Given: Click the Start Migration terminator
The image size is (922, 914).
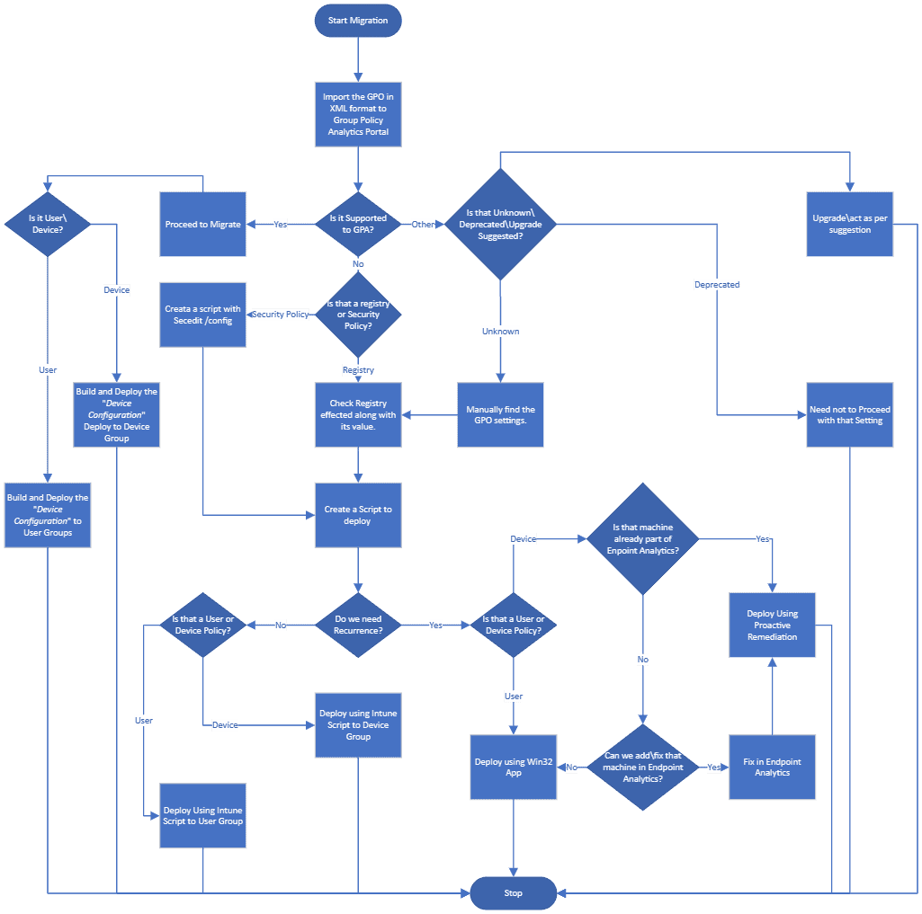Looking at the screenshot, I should click(x=358, y=21).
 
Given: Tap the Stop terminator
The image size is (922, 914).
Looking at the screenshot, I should click(x=513, y=892).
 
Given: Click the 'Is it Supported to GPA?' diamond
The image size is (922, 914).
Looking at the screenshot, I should click(x=358, y=224).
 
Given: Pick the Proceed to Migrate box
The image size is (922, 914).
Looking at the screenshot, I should click(x=203, y=224).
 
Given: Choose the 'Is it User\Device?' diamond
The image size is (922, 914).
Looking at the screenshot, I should click(x=47, y=224).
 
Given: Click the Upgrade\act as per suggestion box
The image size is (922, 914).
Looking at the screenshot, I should click(x=849, y=224).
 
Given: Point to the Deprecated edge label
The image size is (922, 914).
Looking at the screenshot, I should click(x=717, y=285).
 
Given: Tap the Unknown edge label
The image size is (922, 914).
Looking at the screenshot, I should click(x=501, y=332).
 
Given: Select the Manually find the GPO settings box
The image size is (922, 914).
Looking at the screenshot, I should click(x=501, y=415).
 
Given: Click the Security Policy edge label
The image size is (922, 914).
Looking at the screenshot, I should click(x=281, y=315).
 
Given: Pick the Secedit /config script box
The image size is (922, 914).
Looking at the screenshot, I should click(x=203, y=315).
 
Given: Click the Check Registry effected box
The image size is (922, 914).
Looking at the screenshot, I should click(x=358, y=415).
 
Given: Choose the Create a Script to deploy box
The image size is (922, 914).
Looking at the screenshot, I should click(x=358, y=515).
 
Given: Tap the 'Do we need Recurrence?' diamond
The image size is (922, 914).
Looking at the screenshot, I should click(x=358, y=625).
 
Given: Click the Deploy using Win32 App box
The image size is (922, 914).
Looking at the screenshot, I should click(x=513, y=768).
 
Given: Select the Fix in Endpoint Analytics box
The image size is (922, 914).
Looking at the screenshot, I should click(x=772, y=768).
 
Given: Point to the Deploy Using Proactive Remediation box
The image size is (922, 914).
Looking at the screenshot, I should click(x=772, y=625).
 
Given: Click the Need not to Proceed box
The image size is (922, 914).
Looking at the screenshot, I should click(x=849, y=415).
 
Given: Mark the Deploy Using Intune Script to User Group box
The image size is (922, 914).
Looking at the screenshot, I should click(x=203, y=816).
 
